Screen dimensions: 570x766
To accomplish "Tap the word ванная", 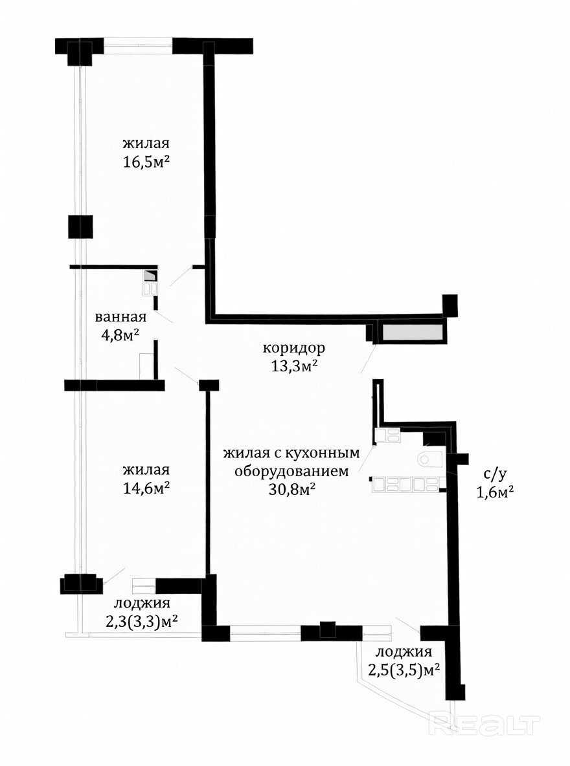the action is click(120, 316).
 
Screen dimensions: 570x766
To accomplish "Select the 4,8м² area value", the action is click(120, 334).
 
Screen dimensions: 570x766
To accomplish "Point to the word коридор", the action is click(293, 349).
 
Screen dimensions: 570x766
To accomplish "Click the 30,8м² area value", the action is click(291, 490).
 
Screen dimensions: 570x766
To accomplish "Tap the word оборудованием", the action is click(291, 472).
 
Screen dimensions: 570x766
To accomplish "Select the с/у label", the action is click(493, 474).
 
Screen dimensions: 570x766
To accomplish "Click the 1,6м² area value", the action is click(495, 492).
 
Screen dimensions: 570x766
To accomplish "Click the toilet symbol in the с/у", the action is click(431, 460).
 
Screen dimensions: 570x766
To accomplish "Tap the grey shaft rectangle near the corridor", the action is click(413, 333).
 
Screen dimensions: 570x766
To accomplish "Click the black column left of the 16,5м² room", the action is click(80, 226).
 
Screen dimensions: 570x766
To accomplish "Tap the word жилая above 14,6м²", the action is click(146, 470).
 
